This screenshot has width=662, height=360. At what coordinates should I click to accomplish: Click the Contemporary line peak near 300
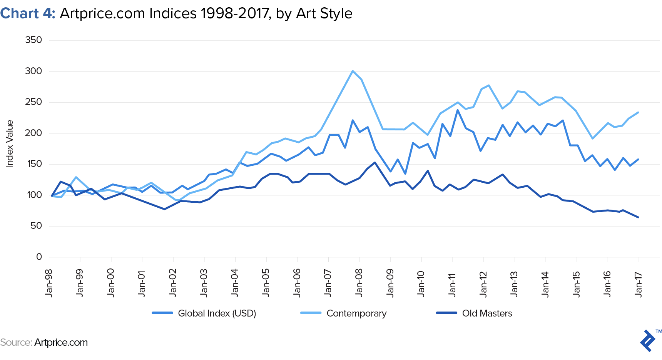tap(353, 71)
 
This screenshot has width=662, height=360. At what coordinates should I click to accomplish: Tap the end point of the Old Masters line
tap(639, 217)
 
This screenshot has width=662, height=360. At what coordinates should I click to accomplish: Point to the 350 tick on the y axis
tap(33, 40)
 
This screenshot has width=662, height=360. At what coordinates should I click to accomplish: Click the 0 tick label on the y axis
tap(39, 257)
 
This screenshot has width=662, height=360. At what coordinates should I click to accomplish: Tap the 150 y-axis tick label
tap(33, 164)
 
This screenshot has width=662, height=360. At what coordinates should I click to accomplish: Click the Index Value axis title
tap(10, 144)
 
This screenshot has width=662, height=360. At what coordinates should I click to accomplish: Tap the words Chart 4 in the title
tap(28, 13)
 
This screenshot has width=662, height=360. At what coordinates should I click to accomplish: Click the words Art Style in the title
tap(324, 13)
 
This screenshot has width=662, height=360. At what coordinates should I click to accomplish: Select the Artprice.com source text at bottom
tap(61, 342)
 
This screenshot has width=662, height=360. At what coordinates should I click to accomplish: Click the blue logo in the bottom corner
tap(648, 340)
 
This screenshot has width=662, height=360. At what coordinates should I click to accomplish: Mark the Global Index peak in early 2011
tap(458, 110)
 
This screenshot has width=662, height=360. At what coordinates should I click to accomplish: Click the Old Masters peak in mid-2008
tap(375, 162)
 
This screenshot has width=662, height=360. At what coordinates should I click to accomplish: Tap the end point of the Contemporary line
tap(639, 112)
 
